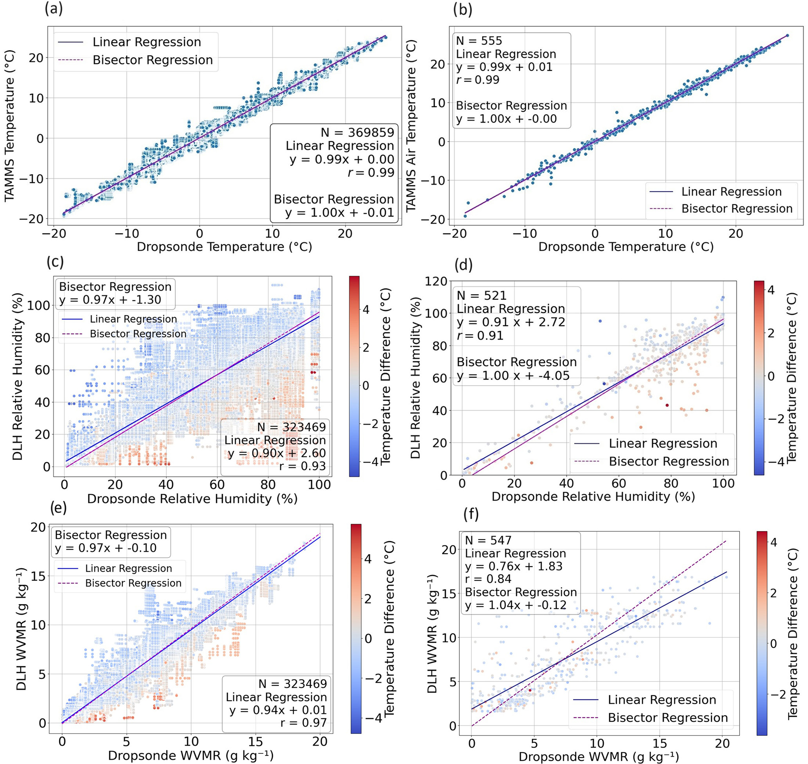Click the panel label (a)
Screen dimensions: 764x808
54,9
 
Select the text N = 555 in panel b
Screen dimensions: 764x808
479,41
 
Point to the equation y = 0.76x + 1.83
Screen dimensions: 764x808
513,566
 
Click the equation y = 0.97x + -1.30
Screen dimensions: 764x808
110,300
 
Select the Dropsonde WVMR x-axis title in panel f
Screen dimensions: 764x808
598,757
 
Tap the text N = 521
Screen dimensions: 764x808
481,296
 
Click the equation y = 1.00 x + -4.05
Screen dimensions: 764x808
513,375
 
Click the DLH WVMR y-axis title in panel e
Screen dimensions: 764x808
21,629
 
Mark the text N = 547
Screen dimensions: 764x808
488,540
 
